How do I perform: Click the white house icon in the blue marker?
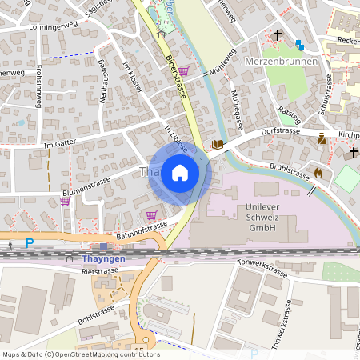[x=180, y=173]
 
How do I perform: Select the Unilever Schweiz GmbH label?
[x=258, y=217]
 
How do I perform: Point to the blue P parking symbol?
[x=30, y=242]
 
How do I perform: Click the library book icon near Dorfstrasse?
[x=217, y=145]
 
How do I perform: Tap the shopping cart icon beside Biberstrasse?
[x=184, y=71]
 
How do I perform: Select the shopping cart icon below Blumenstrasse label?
[x=64, y=202]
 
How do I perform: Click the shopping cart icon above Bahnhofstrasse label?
[x=151, y=214]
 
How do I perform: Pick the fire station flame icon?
[x=318, y=171]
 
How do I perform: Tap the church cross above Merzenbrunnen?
[x=278, y=35]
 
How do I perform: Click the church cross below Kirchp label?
[x=352, y=152]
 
